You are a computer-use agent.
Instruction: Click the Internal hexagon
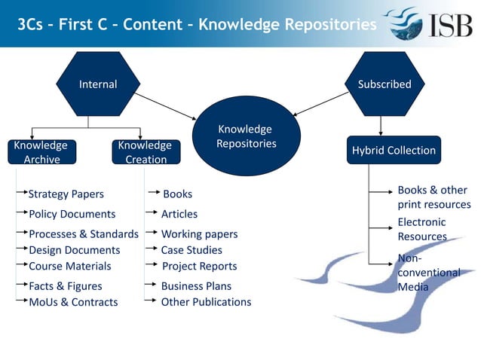(98, 84)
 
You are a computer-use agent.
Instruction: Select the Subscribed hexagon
(384, 84)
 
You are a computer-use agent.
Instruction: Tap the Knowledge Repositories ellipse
(246, 136)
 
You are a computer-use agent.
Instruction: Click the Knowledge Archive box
(41, 151)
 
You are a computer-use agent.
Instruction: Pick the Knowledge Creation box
(145, 151)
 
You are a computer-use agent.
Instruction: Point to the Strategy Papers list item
(66, 194)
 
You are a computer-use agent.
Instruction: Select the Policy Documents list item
(72, 214)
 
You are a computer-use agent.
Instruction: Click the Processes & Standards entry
(83, 234)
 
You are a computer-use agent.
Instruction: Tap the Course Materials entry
(69, 266)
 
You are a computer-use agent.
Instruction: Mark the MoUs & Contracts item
(73, 302)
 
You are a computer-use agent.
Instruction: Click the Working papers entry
(199, 234)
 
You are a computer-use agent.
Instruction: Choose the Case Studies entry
(191, 250)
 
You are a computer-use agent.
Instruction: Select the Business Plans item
(196, 286)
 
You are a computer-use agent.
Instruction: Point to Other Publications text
(206, 302)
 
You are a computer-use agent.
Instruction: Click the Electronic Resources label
(421, 229)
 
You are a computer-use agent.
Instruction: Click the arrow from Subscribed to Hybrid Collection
(381, 126)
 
